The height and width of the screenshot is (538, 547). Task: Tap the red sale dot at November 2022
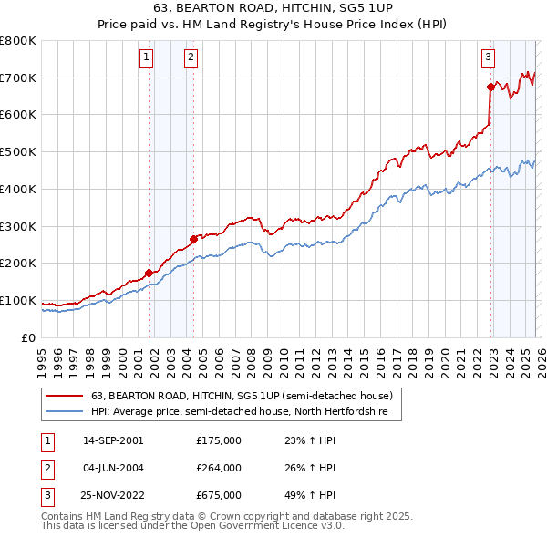click(x=490, y=88)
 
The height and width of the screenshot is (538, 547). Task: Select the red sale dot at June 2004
click(x=193, y=240)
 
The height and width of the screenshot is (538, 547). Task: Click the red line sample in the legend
click(x=64, y=396)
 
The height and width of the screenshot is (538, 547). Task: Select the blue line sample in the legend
click(x=64, y=412)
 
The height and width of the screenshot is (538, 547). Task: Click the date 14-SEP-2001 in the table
click(x=112, y=440)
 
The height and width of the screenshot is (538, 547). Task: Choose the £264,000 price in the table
click(x=219, y=468)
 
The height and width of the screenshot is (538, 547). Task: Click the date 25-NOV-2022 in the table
click(x=113, y=496)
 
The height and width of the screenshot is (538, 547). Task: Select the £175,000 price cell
click(x=219, y=440)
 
